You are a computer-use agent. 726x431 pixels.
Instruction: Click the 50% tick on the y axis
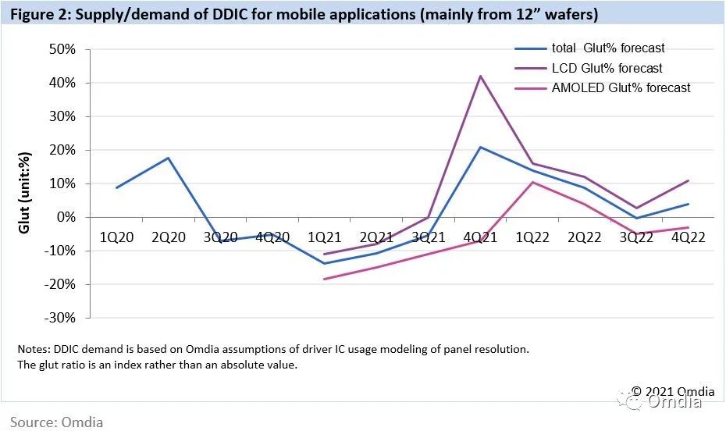(x=62, y=49)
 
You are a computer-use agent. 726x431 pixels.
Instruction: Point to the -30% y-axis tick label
(x=61, y=318)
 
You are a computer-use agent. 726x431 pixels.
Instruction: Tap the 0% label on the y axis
(x=66, y=217)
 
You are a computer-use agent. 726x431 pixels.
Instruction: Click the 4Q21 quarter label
(x=479, y=237)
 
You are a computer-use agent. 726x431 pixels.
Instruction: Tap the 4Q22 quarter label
(x=688, y=237)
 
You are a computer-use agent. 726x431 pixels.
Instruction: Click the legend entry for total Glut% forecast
(x=608, y=48)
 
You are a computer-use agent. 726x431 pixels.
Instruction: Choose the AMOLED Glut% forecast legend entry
(x=621, y=88)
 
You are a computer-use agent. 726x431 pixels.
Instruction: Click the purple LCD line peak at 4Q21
(x=480, y=76)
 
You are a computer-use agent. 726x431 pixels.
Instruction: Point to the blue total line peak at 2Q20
(x=168, y=158)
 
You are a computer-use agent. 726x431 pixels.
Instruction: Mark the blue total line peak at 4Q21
(x=480, y=147)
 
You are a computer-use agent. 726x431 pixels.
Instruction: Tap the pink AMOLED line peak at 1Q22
(x=532, y=182)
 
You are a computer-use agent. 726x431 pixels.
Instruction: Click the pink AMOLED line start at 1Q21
(x=324, y=279)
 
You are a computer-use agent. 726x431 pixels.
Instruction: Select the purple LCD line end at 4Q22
(x=688, y=181)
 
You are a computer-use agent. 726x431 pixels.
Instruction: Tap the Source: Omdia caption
(x=56, y=422)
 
